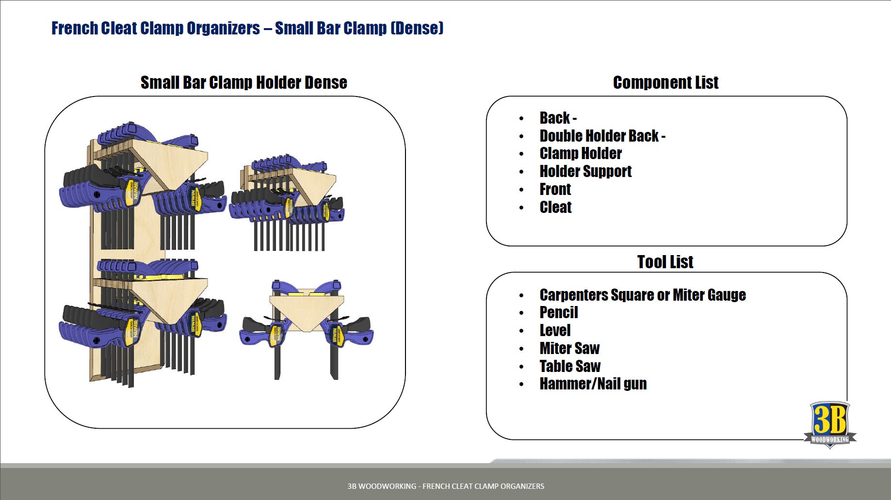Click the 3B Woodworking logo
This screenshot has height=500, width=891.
(x=829, y=424)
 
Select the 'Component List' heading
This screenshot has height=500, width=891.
(x=665, y=82)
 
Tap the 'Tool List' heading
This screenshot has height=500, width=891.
(x=665, y=262)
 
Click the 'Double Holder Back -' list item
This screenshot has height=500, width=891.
(x=602, y=136)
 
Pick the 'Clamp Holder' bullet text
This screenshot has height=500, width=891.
(x=581, y=154)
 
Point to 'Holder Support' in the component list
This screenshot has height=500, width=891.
(x=585, y=171)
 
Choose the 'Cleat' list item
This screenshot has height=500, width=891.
(x=555, y=207)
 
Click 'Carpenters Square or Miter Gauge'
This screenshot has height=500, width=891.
(x=642, y=295)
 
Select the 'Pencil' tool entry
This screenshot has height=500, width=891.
(x=559, y=313)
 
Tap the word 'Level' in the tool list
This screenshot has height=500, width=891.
(x=555, y=331)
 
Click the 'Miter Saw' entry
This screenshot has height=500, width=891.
(x=569, y=348)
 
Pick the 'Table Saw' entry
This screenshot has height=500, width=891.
(x=570, y=366)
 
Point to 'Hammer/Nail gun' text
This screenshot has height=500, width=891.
(x=593, y=384)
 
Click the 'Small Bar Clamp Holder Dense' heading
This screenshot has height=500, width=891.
(x=243, y=82)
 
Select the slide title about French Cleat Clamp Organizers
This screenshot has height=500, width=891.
(x=247, y=28)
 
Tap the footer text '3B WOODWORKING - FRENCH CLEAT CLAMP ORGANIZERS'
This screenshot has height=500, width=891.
(x=445, y=486)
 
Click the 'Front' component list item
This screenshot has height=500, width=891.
(x=555, y=189)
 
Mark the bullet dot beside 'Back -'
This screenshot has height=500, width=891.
(x=521, y=118)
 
